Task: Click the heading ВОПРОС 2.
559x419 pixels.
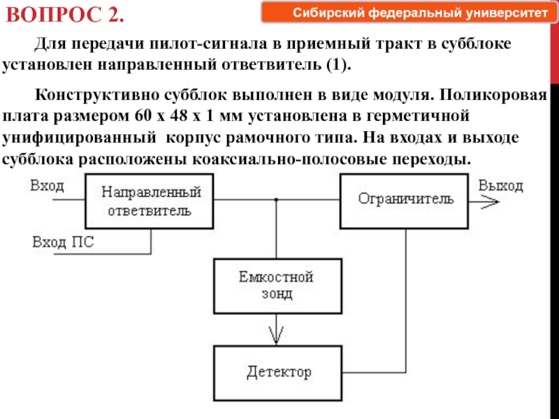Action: tap(65, 15)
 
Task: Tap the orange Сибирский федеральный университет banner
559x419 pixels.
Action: tap(409, 13)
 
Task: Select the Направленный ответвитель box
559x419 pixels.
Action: tap(150, 201)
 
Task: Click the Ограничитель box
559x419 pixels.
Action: tap(405, 201)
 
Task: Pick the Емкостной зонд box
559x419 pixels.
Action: tap(277, 286)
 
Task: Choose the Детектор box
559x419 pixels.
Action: tap(277, 373)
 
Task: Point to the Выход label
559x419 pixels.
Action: tap(500, 186)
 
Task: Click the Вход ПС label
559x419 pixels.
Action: tap(63, 242)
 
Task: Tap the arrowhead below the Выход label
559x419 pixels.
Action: tap(491, 202)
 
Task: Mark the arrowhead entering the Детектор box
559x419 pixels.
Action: tap(276, 335)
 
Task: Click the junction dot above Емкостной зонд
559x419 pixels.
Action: tap(276, 200)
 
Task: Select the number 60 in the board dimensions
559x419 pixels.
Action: tap(143, 116)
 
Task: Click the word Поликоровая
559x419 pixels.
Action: tap(493, 96)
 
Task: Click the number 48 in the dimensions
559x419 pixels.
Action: tap(179, 116)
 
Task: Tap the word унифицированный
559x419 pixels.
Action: tap(79, 138)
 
